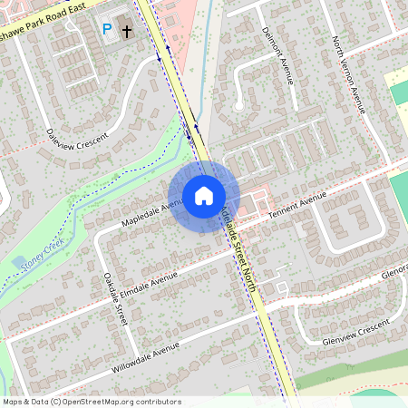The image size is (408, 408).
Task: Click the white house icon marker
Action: pos(204,196)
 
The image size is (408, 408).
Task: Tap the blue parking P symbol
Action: pos(106,30)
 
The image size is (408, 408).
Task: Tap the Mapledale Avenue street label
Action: pos(146,215)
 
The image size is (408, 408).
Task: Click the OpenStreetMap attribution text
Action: pos(91,402)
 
